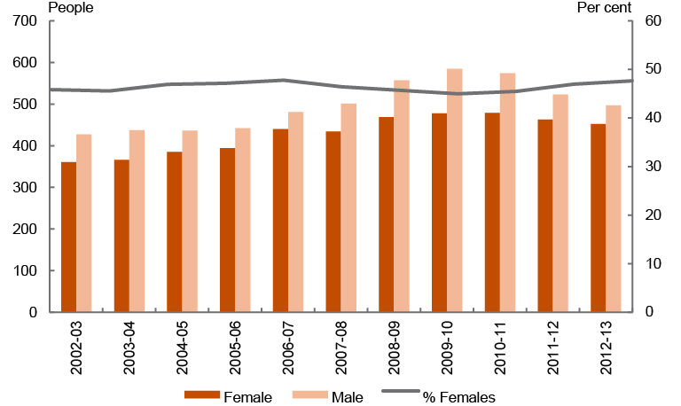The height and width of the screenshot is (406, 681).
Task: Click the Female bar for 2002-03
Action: click(x=68, y=238)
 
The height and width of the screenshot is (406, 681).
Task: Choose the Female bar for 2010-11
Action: click(x=492, y=213)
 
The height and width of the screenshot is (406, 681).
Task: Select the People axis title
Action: click(x=71, y=7)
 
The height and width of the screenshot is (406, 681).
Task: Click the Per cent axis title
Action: click(x=605, y=7)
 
